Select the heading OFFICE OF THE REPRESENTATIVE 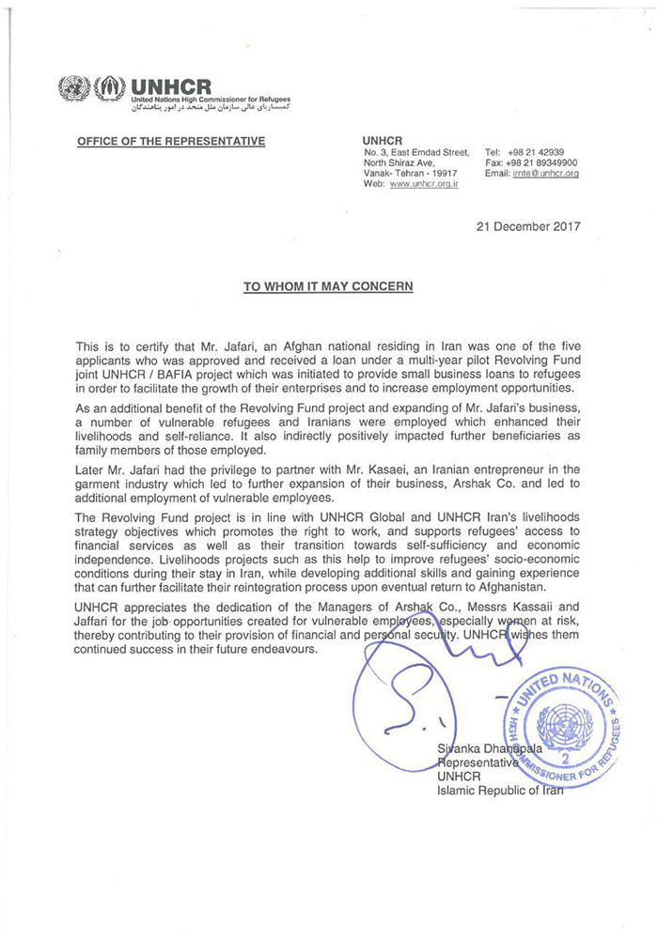click(171, 142)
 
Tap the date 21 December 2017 click(529, 226)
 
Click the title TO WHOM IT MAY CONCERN click(328, 286)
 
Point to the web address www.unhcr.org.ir click(425, 185)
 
